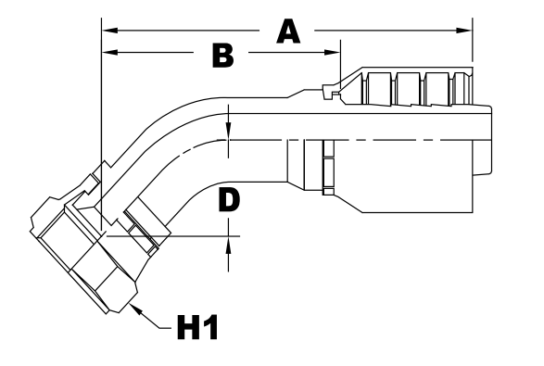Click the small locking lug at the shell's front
click(x=326, y=90)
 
